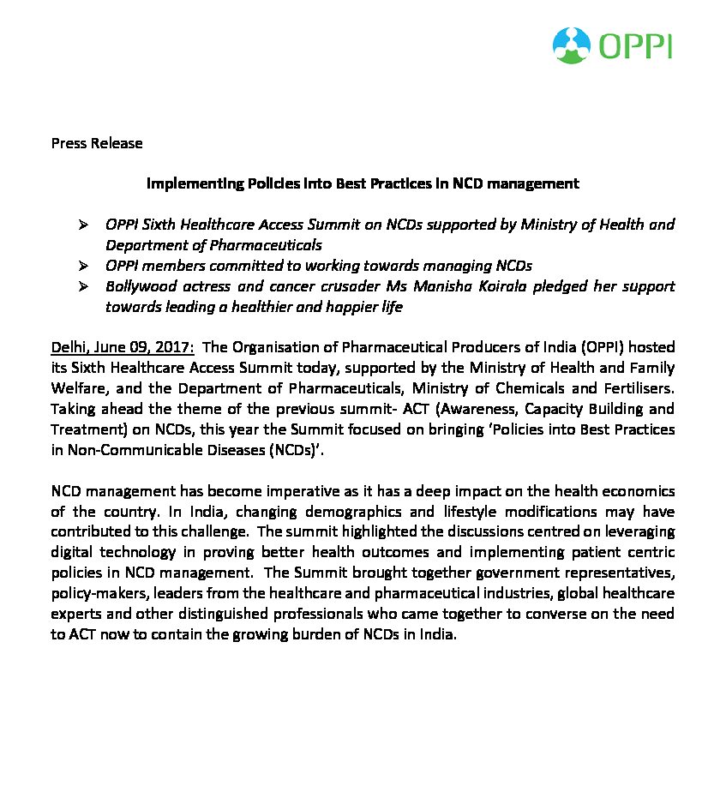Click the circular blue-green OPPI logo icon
tap(572, 45)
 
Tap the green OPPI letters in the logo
tap(636, 45)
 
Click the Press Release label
tap(97, 143)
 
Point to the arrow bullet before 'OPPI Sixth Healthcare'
tap(84, 225)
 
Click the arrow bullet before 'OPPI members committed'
tap(84, 266)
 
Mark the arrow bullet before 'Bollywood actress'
tap(84, 286)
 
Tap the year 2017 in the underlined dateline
tap(175, 347)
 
